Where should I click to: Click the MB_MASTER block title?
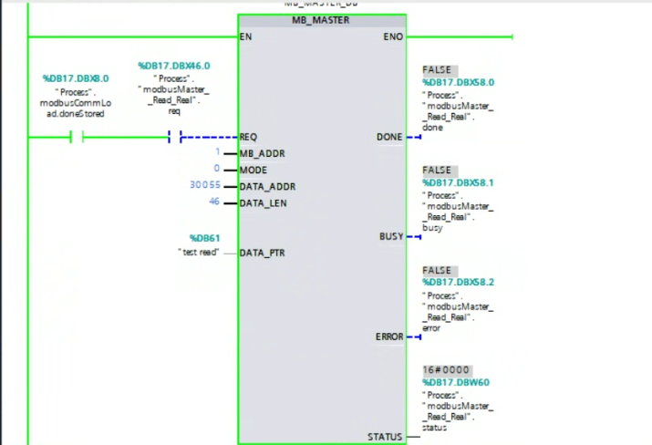click(x=321, y=20)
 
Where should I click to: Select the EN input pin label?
click(x=245, y=37)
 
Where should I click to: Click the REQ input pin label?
click(x=248, y=137)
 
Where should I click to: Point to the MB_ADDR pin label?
click(x=261, y=153)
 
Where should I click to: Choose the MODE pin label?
click(x=253, y=170)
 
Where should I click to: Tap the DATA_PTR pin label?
click(x=264, y=253)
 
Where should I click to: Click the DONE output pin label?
click(x=389, y=137)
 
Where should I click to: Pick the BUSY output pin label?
click(x=391, y=237)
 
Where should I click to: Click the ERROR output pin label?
click(x=389, y=337)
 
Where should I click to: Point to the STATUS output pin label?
click(x=385, y=437)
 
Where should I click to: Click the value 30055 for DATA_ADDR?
click(x=205, y=186)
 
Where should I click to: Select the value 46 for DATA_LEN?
click(x=214, y=202)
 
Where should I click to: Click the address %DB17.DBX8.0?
click(x=76, y=78)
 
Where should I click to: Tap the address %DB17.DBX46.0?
click(x=174, y=66)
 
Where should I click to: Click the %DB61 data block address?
click(x=204, y=239)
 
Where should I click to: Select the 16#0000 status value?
click(x=441, y=370)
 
